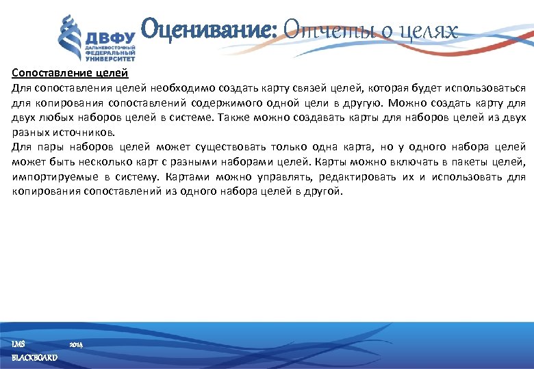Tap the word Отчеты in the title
(316, 31)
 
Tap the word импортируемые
(48, 177)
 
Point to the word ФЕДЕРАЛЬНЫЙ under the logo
(110, 51)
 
